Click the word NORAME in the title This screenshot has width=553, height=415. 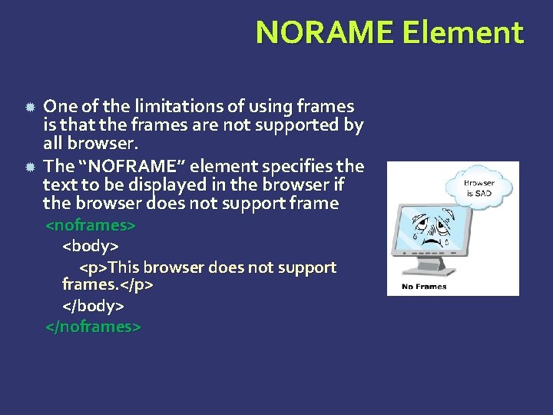click(x=323, y=33)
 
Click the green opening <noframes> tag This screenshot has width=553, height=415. click(x=91, y=226)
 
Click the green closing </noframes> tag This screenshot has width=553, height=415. click(x=93, y=326)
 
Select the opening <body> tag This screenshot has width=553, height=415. click(x=90, y=247)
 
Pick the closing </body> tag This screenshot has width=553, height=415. click(x=93, y=305)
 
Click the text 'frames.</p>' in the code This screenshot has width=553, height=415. click(x=108, y=284)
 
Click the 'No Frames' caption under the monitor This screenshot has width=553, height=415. click(x=425, y=287)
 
